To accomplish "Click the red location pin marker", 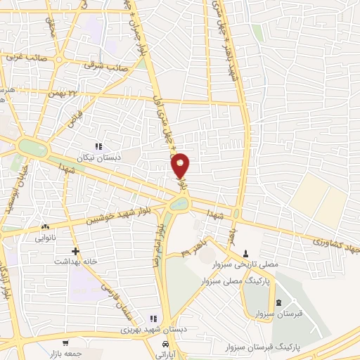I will (x=181, y=165).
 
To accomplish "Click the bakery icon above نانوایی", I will (x=46, y=226).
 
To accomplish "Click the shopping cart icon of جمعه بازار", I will (x=65, y=344).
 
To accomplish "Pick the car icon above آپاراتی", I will (x=165, y=345).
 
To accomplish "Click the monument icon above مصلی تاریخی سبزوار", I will (x=245, y=254).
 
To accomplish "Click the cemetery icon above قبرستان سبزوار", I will (x=281, y=303).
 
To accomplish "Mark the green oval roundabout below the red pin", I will (x=179, y=205).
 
